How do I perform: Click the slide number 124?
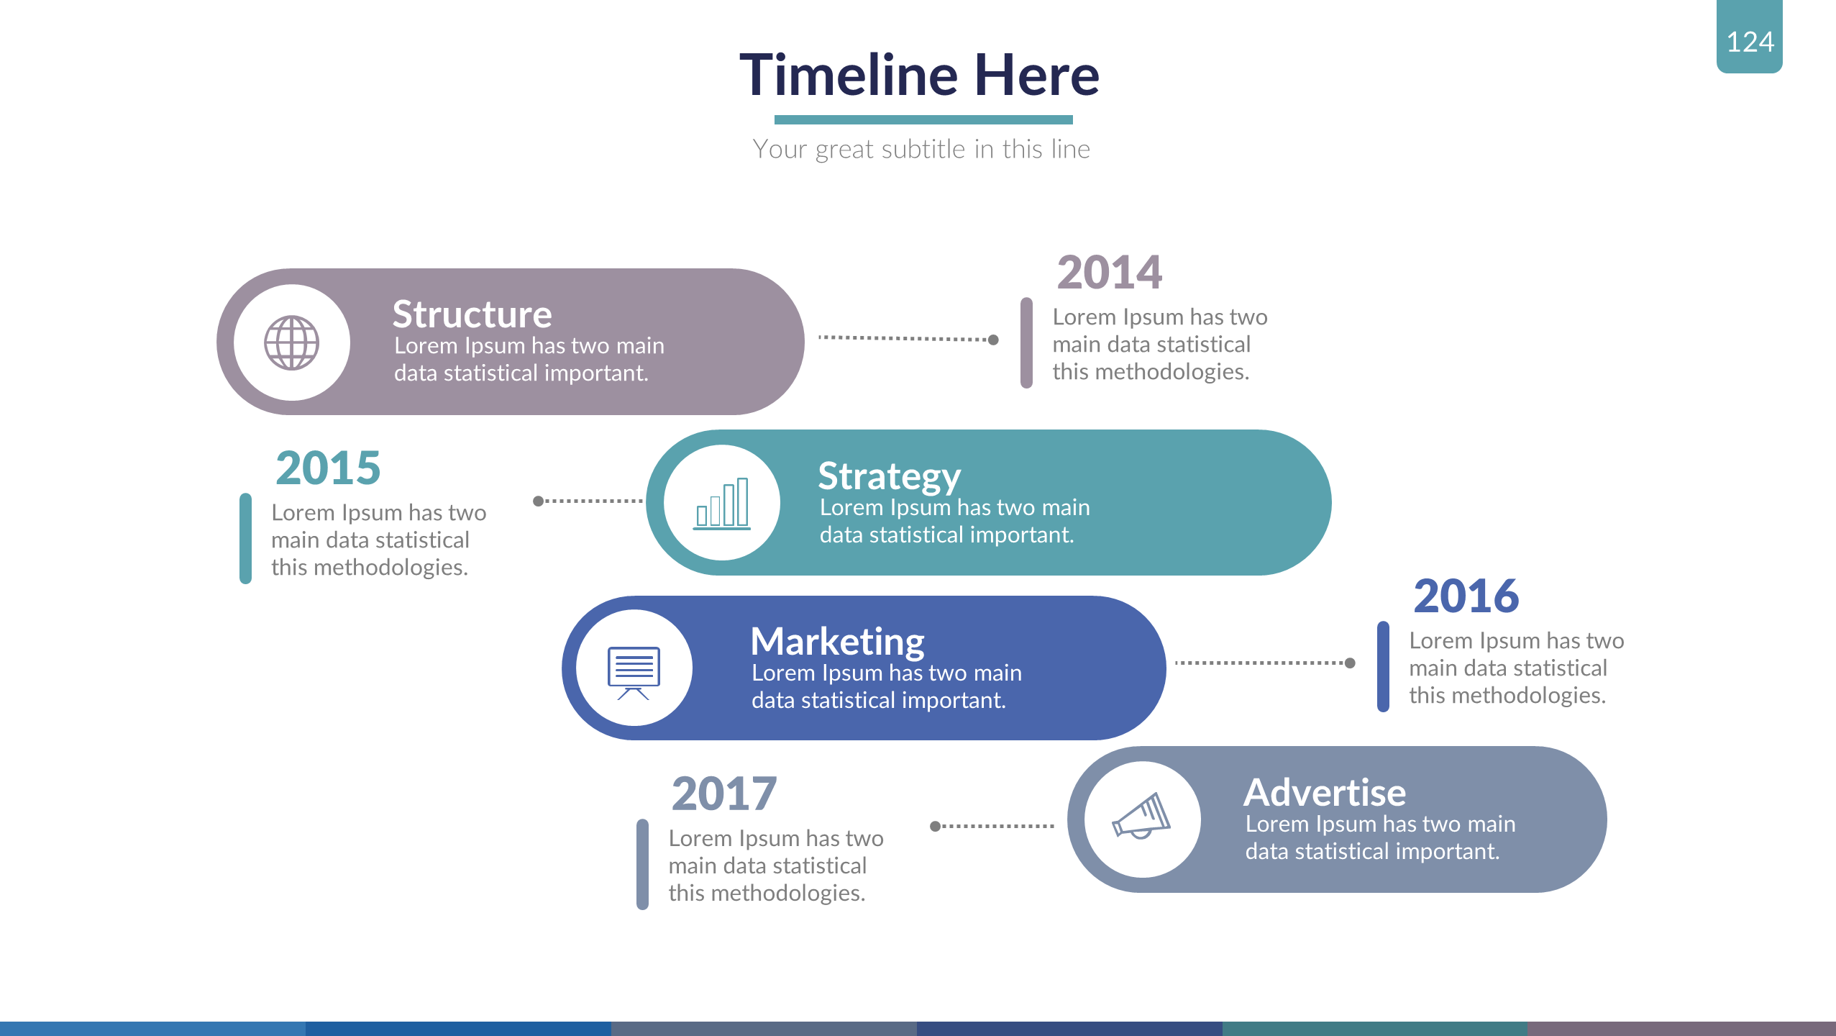[x=1750, y=42]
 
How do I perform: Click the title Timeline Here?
[x=920, y=75]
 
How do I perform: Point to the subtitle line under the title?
[x=921, y=149]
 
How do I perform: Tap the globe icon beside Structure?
[x=291, y=342]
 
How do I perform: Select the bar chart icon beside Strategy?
[x=721, y=503]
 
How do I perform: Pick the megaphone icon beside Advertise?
[x=1141, y=815]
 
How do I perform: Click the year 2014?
[x=1109, y=273]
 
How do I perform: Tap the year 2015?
[x=328, y=468]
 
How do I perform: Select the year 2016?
[x=1466, y=596]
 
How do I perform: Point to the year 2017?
[x=724, y=794]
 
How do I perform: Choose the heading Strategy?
[x=889, y=477]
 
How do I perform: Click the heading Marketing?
[x=837, y=642]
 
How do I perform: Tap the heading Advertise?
[x=1325, y=792]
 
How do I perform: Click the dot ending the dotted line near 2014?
[x=993, y=340]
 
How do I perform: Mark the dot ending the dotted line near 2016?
[x=1350, y=663]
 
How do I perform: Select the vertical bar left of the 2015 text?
[x=245, y=538]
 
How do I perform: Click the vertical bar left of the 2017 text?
[x=642, y=864]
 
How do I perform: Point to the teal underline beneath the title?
[x=923, y=119]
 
